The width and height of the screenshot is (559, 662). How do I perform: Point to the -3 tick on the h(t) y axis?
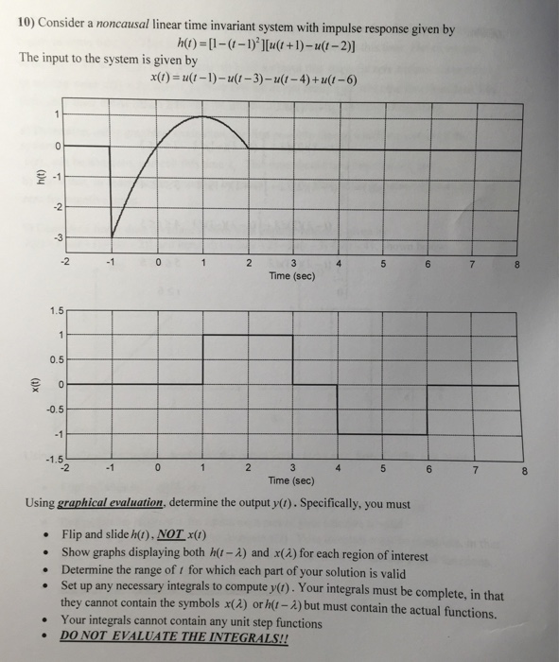pos(57,235)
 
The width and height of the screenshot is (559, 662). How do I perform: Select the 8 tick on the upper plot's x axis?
pos(516,266)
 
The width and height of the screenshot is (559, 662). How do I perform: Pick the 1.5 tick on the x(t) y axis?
pos(55,309)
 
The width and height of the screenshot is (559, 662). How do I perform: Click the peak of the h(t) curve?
pos(202,116)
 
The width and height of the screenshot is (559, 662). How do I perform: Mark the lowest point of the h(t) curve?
pos(113,236)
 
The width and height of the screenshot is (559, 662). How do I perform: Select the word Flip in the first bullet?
pos(74,535)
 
